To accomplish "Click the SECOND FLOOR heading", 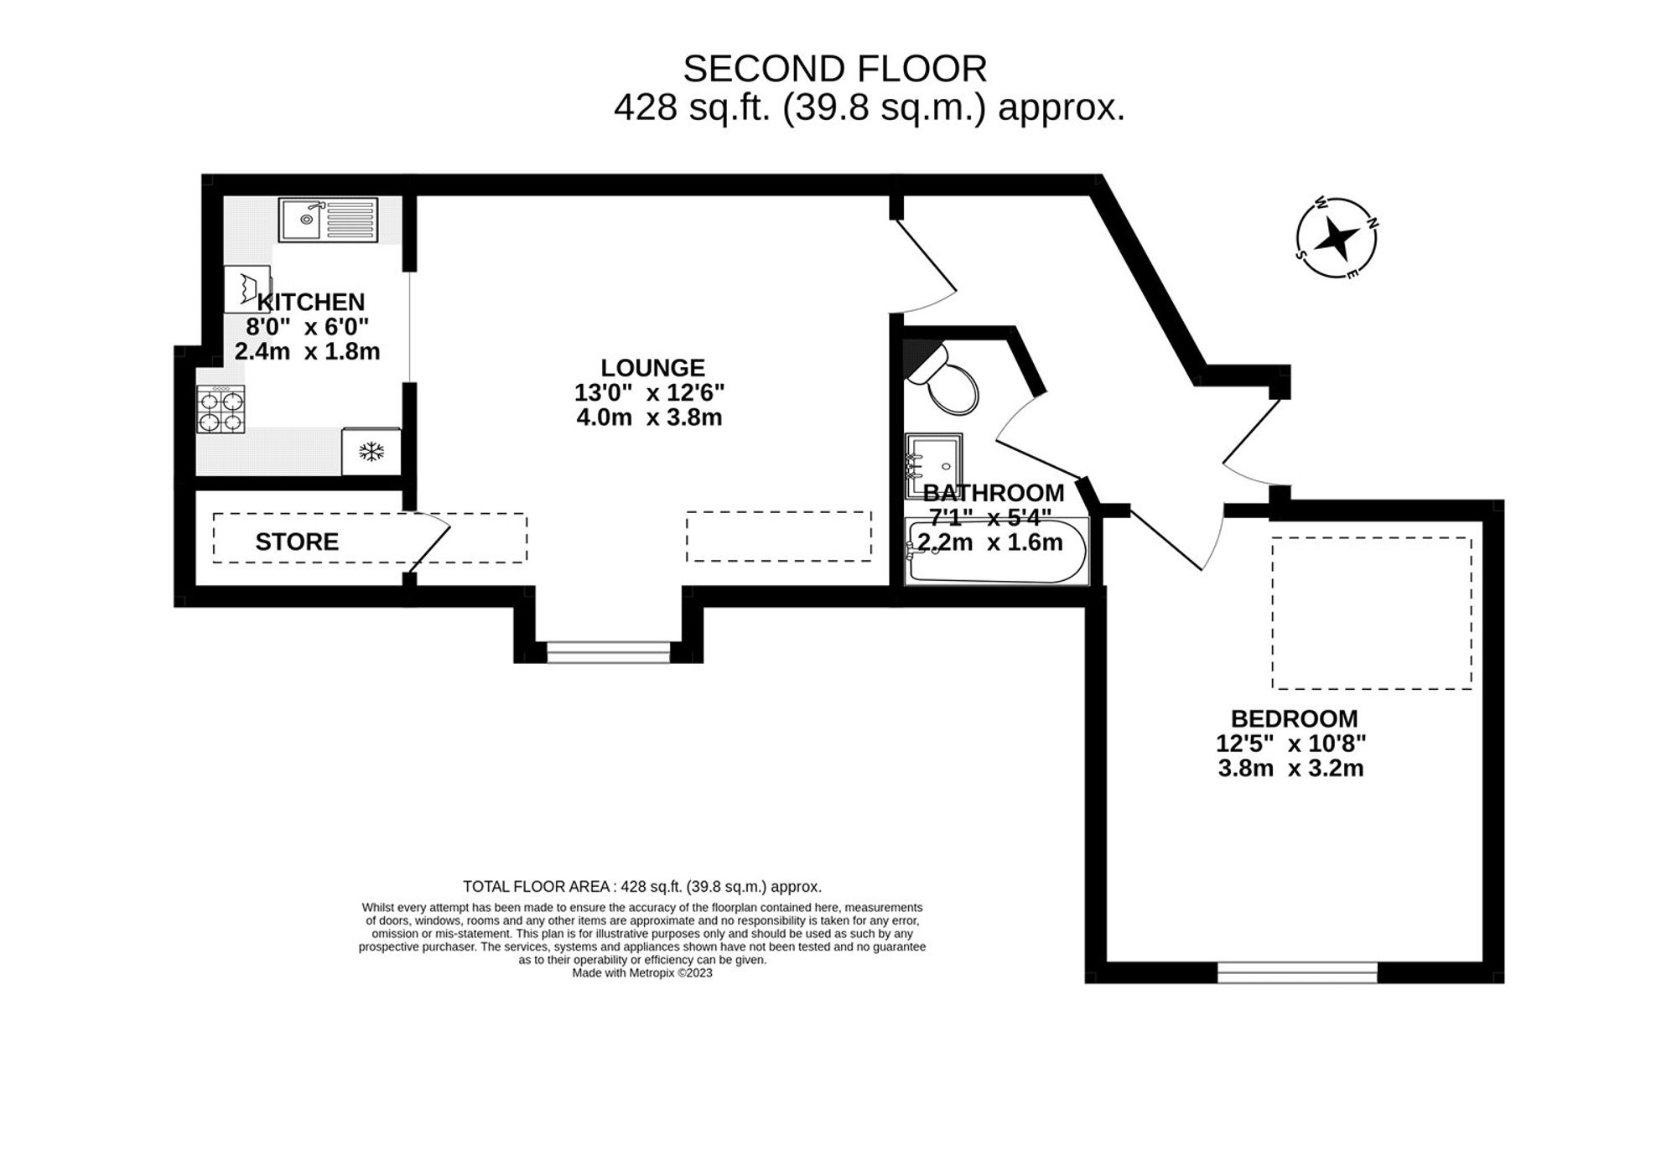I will point(834,69).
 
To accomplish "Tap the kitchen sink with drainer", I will point(328,220).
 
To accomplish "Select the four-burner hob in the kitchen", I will point(221,409).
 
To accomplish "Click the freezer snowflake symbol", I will point(371,452).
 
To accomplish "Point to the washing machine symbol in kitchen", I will point(247,288).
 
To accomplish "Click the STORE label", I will point(297,542).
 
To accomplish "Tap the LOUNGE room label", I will point(652,367).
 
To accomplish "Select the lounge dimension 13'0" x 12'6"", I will point(649,392).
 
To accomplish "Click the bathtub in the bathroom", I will point(996,552).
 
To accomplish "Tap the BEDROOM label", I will point(1294,718).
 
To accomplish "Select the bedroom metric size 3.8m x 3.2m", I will point(1290,768).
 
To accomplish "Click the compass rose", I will point(1336,239).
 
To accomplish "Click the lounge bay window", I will point(608,651).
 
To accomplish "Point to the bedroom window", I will point(1296,972).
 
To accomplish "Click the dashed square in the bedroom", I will point(1371,613).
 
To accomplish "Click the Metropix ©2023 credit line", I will point(641,973).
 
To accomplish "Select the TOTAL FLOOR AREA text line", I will point(641,886).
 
